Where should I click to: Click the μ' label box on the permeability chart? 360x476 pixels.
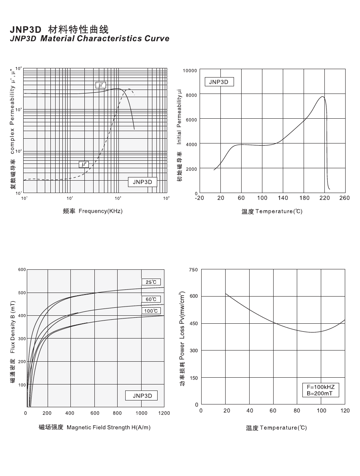pos(101,85)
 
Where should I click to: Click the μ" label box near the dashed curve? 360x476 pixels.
pos(84,164)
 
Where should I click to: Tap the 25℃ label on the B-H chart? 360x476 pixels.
pos(151,282)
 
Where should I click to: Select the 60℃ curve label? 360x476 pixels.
pos(151,299)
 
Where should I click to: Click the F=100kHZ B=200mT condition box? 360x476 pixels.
pos(320,390)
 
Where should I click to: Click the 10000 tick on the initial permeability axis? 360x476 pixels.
pos(190,71)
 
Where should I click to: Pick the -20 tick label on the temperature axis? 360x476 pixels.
pos(199,198)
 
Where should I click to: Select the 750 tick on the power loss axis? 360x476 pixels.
pos(193,270)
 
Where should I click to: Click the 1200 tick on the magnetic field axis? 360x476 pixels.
pos(164,413)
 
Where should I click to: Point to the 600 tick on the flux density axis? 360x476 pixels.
pos(22,270)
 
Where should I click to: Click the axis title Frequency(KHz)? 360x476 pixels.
pos(100,211)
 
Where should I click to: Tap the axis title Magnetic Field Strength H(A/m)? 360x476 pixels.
pos(108,428)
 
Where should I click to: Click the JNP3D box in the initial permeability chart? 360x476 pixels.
pos(219,82)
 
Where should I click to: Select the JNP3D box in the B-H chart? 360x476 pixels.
pos(142,396)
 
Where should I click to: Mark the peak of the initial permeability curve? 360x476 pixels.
pos(322,97)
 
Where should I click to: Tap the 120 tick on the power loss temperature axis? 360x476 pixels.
pos(345,410)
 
